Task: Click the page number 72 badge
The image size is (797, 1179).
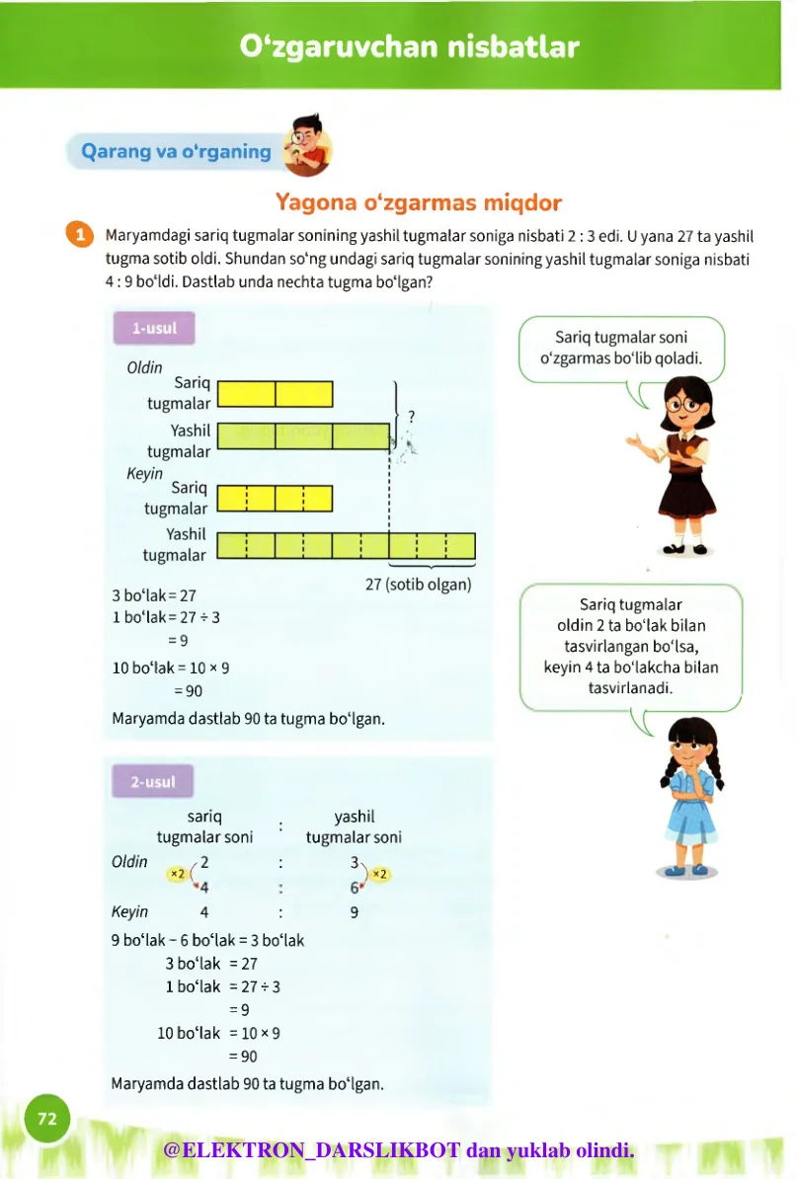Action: [x=46, y=1118]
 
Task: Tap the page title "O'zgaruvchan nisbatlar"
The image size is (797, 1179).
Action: [x=410, y=46]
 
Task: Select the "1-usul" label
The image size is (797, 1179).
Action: [x=153, y=329]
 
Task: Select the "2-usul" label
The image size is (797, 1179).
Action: [x=152, y=782]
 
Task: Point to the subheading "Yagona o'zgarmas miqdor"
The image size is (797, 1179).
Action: [x=419, y=203]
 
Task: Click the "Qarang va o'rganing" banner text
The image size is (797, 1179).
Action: [x=176, y=152]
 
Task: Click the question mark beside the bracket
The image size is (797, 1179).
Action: [x=410, y=416]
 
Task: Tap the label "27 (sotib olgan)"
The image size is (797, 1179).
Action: [x=419, y=584]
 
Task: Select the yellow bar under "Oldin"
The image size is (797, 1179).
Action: [x=275, y=394]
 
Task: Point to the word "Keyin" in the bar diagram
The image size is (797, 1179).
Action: [x=144, y=473]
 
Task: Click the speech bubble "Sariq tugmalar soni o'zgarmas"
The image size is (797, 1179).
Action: [x=621, y=348]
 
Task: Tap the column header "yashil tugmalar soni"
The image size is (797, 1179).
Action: [x=354, y=826]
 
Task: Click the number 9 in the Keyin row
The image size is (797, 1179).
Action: [x=355, y=912]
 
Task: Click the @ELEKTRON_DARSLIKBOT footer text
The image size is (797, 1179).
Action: [x=398, y=1150]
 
